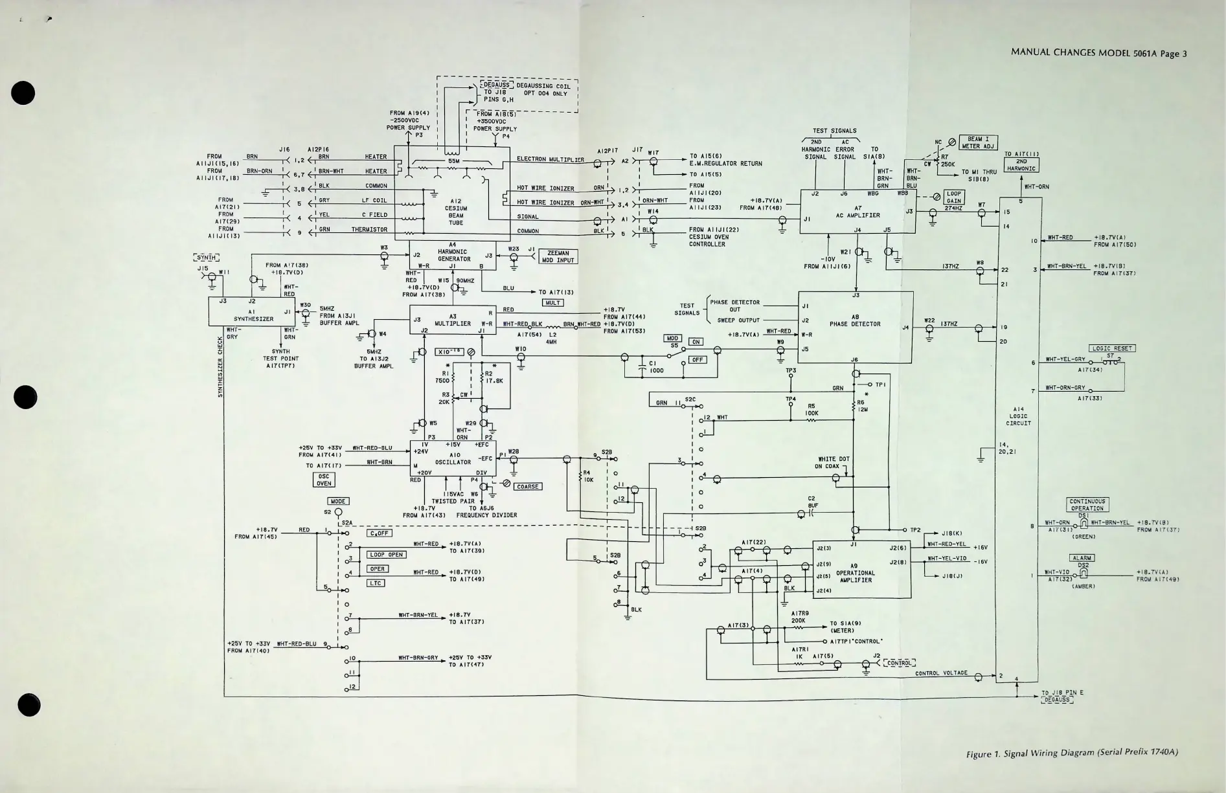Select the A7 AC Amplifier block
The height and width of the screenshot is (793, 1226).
click(x=857, y=212)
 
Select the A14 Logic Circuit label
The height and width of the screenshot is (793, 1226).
click(x=1018, y=416)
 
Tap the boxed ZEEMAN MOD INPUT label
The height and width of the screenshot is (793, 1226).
click(x=558, y=257)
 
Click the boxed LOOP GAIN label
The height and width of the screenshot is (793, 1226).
click(x=954, y=197)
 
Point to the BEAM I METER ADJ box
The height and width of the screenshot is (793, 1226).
click(x=978, y=142)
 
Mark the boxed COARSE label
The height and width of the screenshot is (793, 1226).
click(x=528, y=486)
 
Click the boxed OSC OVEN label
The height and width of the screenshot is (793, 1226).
click(x=324, y=480)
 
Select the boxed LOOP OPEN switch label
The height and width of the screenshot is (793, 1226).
click(x=387, y=555)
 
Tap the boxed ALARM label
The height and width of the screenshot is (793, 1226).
click(x=1082, y=558)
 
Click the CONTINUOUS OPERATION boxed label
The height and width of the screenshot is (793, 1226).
click(x=1087, y=505)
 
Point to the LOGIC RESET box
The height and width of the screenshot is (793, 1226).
click(x=1112, y=348)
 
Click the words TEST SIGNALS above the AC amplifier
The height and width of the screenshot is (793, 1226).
click(x=834, y=131)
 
